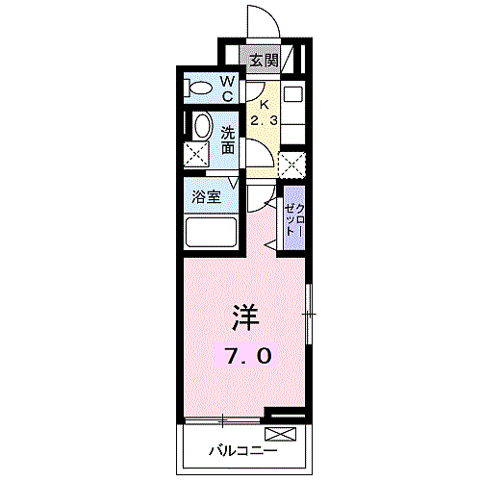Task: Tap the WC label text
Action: click(x=229, y=89)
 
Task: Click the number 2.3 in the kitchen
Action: click(x=263, y=120)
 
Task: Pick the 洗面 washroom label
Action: click(x=229, y=140)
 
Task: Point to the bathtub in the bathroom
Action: click(x=212, y=234)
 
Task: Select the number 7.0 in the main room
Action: click(x=248, y=355)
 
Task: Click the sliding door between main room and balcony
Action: click(x=221, y=419)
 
